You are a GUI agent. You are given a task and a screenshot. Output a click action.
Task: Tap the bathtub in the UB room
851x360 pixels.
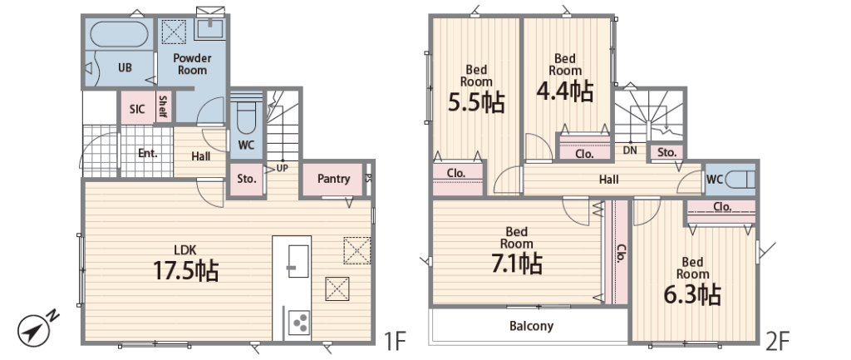pos(119,34)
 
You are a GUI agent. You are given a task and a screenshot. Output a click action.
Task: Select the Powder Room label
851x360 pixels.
pos(192,64)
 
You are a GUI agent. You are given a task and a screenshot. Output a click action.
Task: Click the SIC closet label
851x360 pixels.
pos(137,109)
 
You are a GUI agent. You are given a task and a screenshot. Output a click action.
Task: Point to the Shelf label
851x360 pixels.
pos(162,107)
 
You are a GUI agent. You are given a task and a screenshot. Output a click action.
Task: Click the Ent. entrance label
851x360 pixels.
pos(148,153)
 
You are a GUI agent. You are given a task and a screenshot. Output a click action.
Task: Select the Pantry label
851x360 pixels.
pos(333,179)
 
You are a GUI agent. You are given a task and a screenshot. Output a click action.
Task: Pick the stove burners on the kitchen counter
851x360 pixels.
pos(298,323)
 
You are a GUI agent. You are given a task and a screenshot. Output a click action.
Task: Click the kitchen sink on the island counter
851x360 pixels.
pos(298,261)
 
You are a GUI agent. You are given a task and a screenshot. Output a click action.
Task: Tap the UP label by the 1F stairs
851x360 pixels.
pos(283,168)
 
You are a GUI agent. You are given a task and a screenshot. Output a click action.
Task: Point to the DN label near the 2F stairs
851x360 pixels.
pos(630,150)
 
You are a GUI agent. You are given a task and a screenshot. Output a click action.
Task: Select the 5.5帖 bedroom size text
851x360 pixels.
pos(476,101)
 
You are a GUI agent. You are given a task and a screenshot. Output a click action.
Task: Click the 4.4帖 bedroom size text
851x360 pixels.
pos(564,91)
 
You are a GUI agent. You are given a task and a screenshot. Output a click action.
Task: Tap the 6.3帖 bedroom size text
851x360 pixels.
pos(692,295)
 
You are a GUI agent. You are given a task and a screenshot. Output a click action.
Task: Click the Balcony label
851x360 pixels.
pos(531,326)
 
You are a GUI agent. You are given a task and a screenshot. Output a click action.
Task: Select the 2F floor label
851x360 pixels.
pos(778,341)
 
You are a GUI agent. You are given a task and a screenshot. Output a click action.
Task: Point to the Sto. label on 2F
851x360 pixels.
pos(667,153)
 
